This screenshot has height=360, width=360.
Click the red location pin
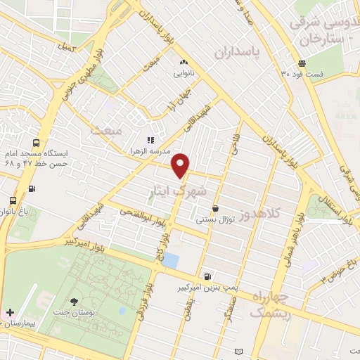[181, 165]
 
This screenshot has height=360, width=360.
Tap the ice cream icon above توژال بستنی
[214, 208]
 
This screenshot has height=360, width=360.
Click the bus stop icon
[32, 188]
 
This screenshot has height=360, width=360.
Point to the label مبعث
[105, 131]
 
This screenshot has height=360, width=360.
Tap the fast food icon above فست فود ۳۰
[302, 62]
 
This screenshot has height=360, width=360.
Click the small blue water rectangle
[170, 259]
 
